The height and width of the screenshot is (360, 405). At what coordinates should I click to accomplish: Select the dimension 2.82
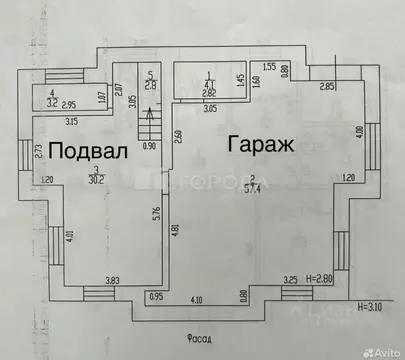click(209, 93)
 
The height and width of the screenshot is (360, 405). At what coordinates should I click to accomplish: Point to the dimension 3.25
click(291, 280)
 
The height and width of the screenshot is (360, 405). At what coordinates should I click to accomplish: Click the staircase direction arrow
click(150, 125)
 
